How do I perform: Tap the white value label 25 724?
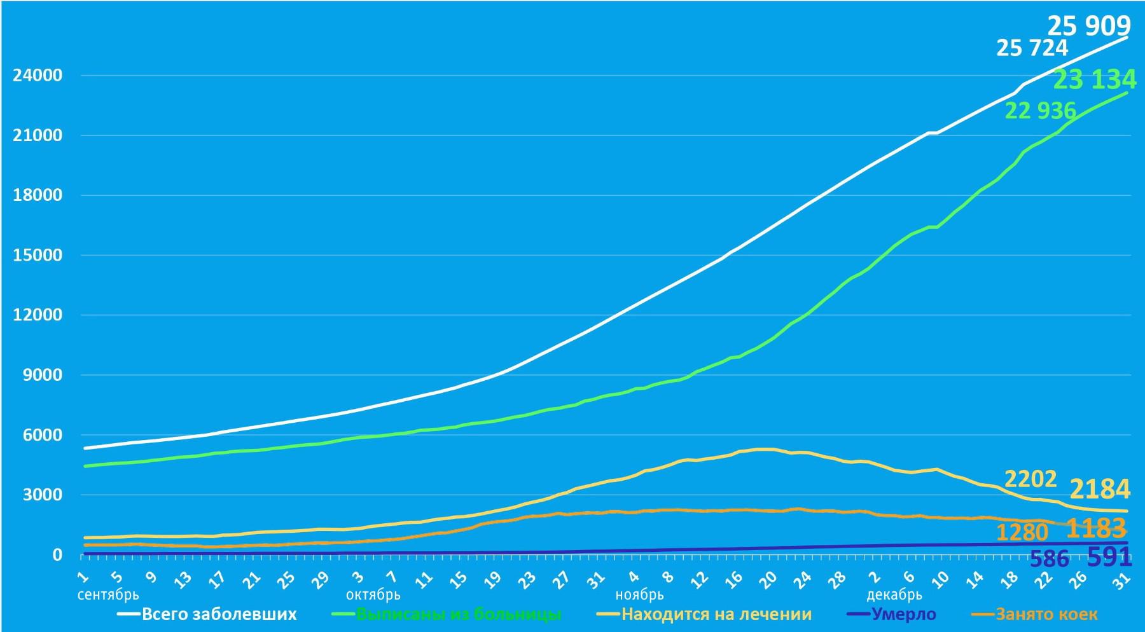(1032, 48)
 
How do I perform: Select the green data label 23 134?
(1095, 79)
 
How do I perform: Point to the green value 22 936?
(1040, 111)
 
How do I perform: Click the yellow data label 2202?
(1030, 478)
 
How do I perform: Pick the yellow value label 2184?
(1100, 489)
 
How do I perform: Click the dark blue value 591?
(1109, 558)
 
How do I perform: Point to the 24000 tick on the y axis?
(38, 76)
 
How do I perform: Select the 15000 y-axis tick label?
(38, 256)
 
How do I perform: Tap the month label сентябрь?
(108, 595)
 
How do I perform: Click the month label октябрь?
(373, 595)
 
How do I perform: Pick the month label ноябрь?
(639, 595)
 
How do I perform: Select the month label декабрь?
(894, 595)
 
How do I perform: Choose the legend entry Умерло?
(903, 615)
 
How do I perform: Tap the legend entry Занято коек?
(1046, 615)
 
